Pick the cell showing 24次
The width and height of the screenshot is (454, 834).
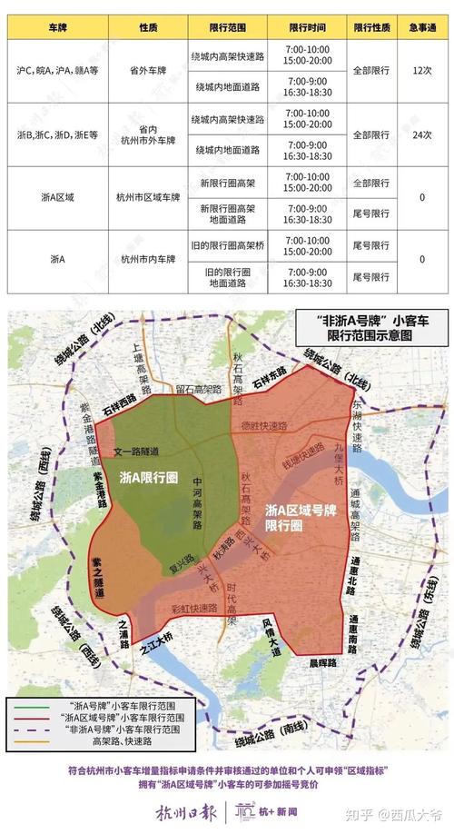pos(420,134)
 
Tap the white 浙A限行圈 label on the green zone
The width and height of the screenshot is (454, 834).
pos(150,476)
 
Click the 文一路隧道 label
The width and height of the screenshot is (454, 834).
pos(133,452)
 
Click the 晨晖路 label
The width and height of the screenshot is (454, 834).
pos(322,663)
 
